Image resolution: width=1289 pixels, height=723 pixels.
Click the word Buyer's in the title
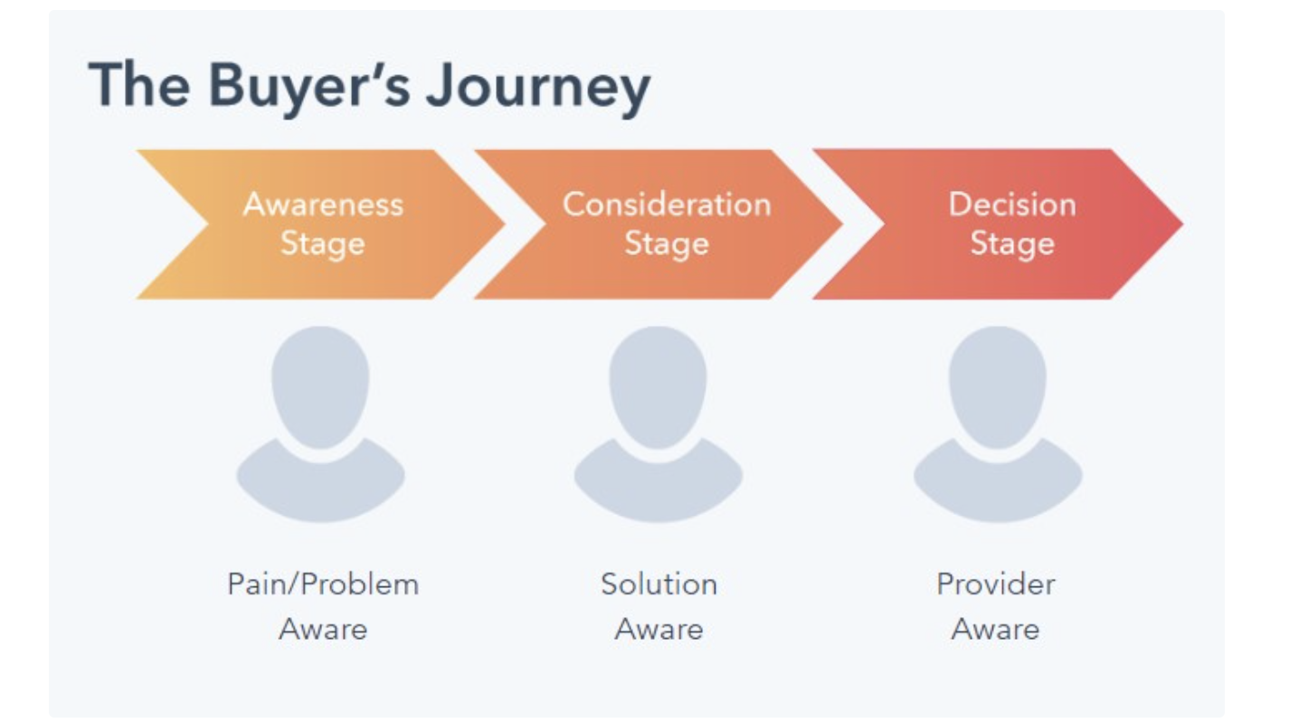tap(309, 85)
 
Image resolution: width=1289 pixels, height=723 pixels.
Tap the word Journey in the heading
tap(538, 86)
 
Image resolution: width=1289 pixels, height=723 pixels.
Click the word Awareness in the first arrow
tap(324, 205)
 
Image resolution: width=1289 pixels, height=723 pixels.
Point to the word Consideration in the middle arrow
tap(667, 205)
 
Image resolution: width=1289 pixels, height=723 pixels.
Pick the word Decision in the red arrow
tap(1012, 205)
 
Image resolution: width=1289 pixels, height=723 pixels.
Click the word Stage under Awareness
tap(323, 243)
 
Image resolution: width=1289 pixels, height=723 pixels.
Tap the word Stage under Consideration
tap(667, 243)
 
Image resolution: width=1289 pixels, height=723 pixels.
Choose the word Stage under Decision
tap(1013, 243)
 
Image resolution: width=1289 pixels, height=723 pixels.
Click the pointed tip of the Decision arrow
tap(1182, 224)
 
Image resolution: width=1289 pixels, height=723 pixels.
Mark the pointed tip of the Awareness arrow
tap(504, 224)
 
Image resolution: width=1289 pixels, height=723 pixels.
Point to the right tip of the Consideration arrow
tap(842, 224)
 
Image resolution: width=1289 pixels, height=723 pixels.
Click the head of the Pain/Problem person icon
tap(320, 386)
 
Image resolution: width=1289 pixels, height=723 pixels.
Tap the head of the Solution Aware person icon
tap(659, 386)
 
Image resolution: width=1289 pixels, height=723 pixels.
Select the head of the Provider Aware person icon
tap(997, 386)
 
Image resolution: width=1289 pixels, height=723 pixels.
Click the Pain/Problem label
tap(323, 585)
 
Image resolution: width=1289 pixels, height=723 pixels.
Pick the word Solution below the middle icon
tap(659, 585)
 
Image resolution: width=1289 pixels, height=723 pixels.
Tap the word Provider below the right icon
tap(996, 585)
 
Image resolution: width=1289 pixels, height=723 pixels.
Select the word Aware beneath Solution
tap(659, 629)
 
